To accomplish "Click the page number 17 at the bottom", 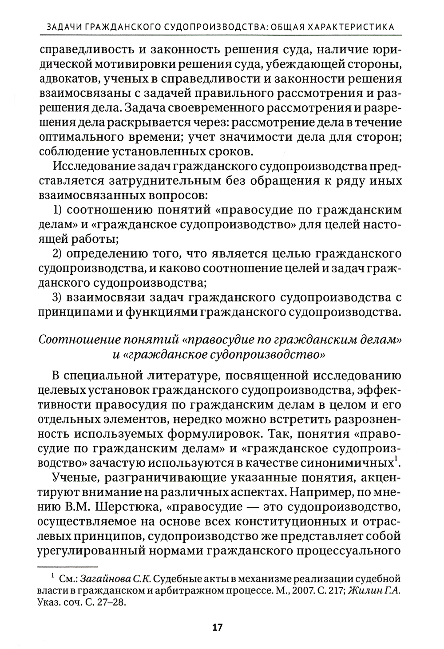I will (x=217, y=628).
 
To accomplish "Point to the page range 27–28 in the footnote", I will (x=107, y=602).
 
